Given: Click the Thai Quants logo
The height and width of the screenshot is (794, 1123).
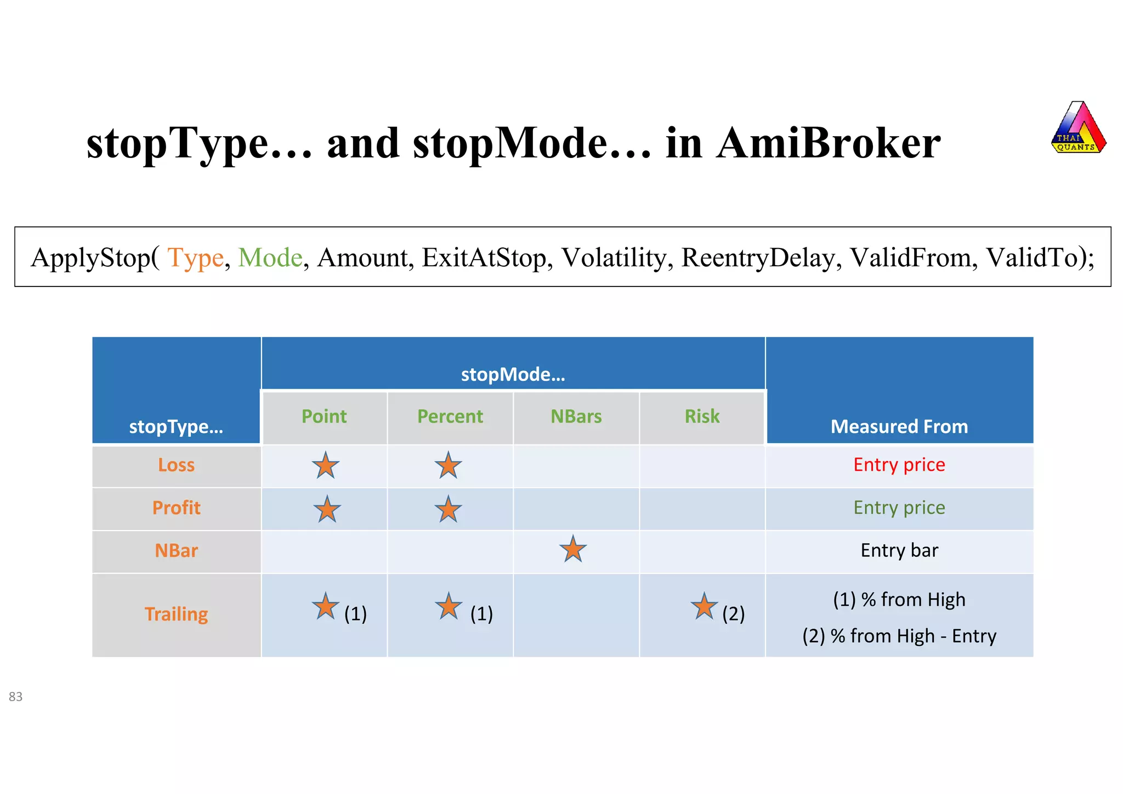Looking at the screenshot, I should coord(1078,128).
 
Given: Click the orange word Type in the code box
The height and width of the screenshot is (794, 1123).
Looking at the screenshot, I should coord(195,257).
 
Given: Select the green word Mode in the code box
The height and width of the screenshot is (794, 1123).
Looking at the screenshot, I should coord(270,257).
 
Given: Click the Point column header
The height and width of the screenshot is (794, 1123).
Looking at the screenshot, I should coord(324,416).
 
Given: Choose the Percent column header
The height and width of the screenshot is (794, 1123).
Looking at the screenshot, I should coord(450,416).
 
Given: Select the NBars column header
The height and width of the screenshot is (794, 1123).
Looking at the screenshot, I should coord(576,416).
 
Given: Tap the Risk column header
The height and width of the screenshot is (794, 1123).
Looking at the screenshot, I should coord(702,416).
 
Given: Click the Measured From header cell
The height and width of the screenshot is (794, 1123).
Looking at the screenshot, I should coord(899,426).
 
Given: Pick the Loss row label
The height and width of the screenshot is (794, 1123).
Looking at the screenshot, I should coord(176,465).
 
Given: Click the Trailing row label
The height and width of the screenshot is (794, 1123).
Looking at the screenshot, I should coord(176,614).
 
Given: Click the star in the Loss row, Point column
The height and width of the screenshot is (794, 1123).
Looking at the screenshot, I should coord(326,465).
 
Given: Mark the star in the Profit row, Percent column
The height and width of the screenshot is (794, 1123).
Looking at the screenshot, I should coord(449,509).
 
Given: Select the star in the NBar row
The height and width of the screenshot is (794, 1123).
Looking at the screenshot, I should coord(573,549).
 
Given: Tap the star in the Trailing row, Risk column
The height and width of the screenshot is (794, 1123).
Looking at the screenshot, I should coord(704,606).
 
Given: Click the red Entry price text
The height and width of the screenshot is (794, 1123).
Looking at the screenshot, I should coord(899,465).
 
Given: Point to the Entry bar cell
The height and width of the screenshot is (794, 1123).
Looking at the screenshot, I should coord(899,550).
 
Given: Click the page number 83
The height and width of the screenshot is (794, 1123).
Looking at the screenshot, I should coord(15,697).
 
